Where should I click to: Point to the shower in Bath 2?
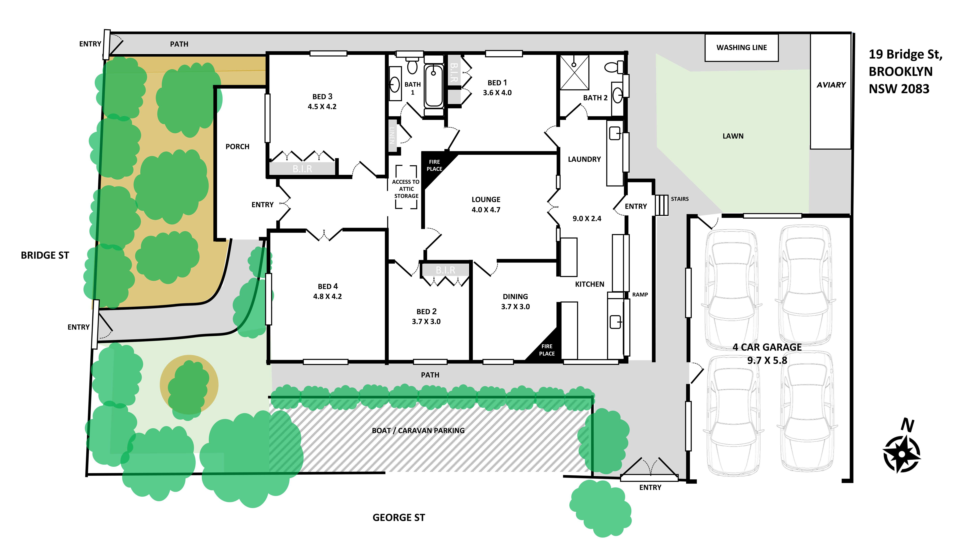click(574, 72)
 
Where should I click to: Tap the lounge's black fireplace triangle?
click(436, 167)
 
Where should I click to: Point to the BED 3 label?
click(322, 97)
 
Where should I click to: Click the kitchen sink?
click(615, 322)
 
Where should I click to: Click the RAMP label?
click(640, 294)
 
